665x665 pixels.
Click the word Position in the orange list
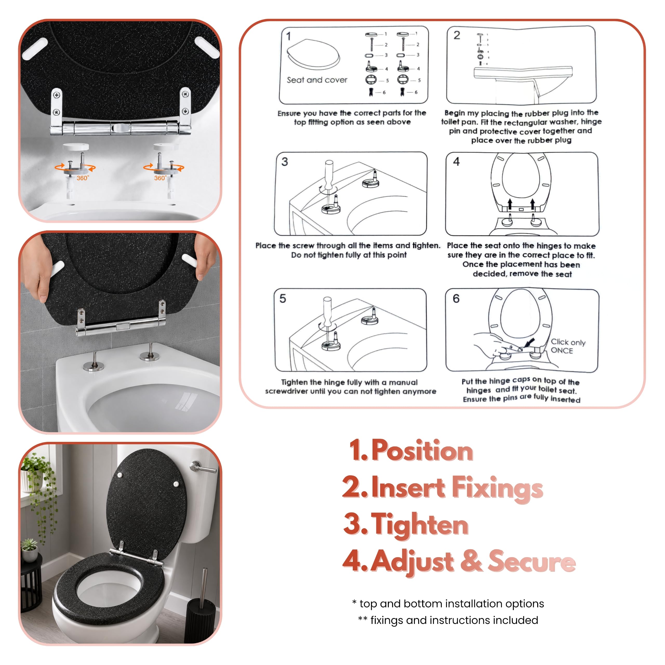coord(422,450)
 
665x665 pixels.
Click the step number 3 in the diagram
coord(285,162)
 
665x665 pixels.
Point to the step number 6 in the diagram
coord(456,298)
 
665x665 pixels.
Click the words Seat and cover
coord(317,80)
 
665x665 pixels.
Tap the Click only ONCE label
coord(568,346)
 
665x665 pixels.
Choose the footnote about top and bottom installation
coord(448,603)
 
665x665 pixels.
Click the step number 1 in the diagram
coord(288,36)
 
